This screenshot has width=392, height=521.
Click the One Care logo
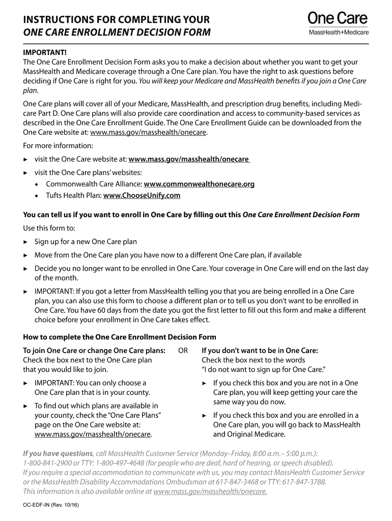tap(338, 19)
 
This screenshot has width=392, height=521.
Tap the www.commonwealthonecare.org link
tap(199, 184)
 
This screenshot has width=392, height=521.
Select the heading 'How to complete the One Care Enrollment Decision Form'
tap(120, 337)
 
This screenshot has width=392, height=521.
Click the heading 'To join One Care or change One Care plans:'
tap(94, 351)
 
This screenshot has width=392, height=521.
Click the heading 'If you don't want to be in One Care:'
tap(260, 351)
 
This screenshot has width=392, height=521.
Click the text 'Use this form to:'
tap(49, 228)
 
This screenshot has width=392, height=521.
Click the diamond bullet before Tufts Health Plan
tap(37, 196)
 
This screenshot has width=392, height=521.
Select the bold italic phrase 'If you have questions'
tap(58, 453)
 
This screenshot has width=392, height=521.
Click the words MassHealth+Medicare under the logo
tap(339, 33)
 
